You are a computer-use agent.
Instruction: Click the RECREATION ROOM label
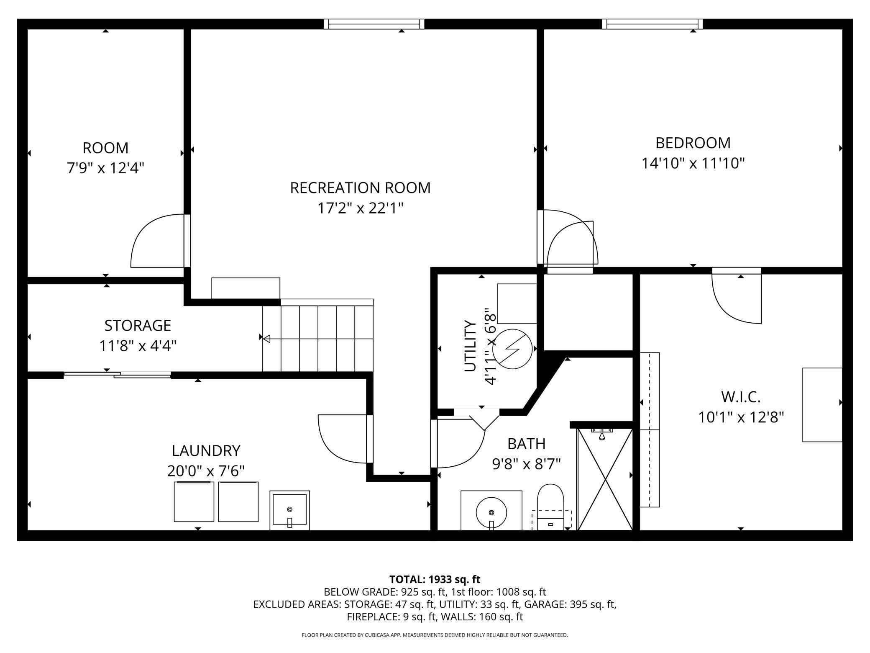tap(360, 188)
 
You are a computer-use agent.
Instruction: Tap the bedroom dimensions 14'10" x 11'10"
tap(693, 163)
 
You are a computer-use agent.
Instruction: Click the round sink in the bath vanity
tap(491, 512)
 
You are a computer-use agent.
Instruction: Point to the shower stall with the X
tap(605, 479)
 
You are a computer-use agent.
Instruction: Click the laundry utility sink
tap(289, 510)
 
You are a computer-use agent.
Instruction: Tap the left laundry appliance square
tap(194, 501)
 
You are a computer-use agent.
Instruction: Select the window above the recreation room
tap(374, 24)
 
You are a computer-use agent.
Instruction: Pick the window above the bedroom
tap(652, 24)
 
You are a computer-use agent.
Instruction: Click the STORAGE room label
tap(138, 325)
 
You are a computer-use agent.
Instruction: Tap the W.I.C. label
tap(741, 397)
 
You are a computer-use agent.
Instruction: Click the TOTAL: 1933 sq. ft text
tap(435, 579)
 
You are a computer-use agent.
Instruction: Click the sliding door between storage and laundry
tap(117, 375)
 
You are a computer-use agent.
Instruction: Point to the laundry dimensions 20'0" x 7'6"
tap(206, 471)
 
